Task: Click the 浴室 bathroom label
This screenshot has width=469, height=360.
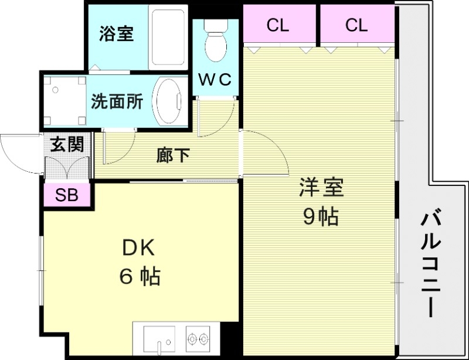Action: pos(116,34)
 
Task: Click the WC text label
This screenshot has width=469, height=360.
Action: pos(215,79)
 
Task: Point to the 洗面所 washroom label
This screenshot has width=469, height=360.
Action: pos(117,101)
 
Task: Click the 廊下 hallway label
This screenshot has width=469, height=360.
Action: pos(173,155)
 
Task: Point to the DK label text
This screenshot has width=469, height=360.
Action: pos(138,249)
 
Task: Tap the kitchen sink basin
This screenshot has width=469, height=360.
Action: pos(159,340)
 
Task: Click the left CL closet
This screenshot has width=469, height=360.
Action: pos(279,26)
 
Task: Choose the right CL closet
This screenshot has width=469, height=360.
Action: pos(356,26)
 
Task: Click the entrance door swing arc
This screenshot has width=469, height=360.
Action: pos(18,154)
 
